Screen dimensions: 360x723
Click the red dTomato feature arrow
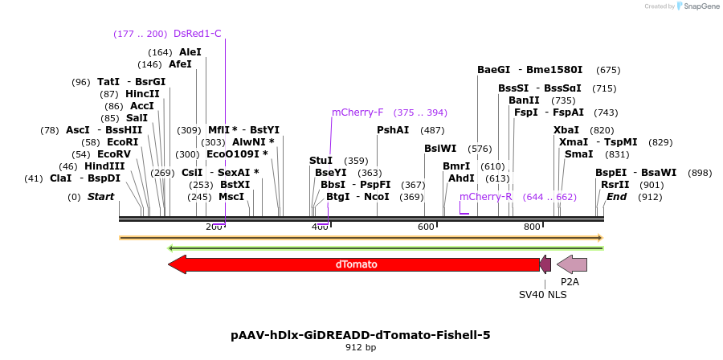click(x=353, y=264)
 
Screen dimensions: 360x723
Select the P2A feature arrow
click(x=571, y=264)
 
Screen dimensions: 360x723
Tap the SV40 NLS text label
click(x=542, y=295)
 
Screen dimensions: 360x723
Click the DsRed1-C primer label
click(x=197, y=34)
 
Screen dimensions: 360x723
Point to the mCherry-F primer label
click(x=357, y=112)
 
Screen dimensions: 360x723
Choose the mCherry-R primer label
click(x=485, y=197)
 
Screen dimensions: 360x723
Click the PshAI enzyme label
click(x=393, y=130)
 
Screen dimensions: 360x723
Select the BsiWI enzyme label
click(x=440, y=149)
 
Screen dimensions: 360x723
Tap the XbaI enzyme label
click(x=566, y=130)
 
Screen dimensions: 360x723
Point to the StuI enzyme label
click(x=321, y=161)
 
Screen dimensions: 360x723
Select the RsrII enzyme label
click(x=615, y=185)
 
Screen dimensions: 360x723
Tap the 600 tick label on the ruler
click(x=426, y=227)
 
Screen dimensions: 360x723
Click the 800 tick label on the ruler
click(x=532, y=227)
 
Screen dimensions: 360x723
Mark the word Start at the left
click(x=101, y=197)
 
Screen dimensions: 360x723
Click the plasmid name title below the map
click(x=360, y=335)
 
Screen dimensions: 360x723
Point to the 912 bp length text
click(x=360, y=348)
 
